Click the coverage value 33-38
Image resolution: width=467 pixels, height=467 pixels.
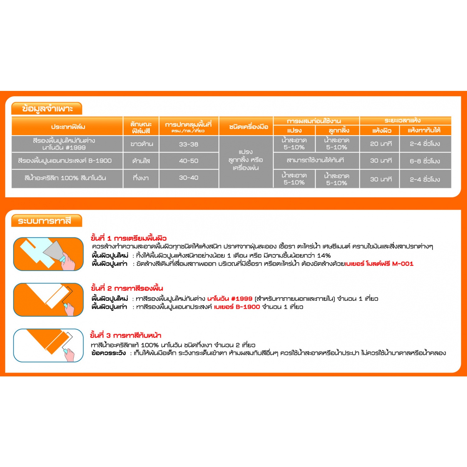[188, 144]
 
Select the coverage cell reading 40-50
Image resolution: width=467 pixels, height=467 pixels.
[188, 161]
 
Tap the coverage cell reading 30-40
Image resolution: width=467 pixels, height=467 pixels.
[188, 178]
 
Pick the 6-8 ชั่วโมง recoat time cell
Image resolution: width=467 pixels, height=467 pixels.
[425, 161]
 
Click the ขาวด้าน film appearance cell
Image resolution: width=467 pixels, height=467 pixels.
[141, 144]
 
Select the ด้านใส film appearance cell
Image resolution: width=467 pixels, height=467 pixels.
[141, 161]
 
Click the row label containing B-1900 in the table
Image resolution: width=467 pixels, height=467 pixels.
[65, 161]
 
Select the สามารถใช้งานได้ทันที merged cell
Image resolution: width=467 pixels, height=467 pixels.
[315, 160]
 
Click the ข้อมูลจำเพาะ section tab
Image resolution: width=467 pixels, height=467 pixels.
[47, 109]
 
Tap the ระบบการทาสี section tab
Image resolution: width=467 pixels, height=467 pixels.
[45, 221]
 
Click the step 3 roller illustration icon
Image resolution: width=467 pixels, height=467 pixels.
[49, 345]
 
